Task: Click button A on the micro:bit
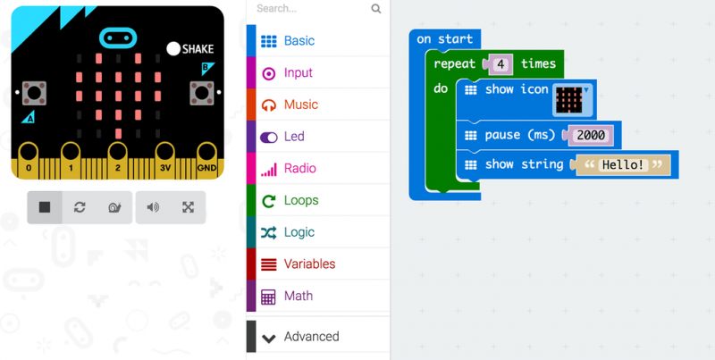[34, 92]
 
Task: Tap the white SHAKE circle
[173, 48]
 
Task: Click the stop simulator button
[45, 207]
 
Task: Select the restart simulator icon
[80, 207]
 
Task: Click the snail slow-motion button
[114, 207]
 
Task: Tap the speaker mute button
[153, 207]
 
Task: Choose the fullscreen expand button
[188, 207]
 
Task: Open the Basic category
[299, 41]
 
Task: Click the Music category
[300, 105]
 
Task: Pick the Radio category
[299, 168]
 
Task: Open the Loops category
[300, 200]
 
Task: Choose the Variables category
[309, 264]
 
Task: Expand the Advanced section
[311, 337]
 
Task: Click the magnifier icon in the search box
[376, 9]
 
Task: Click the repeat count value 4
[500, 64]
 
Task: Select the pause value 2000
[590, 135]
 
